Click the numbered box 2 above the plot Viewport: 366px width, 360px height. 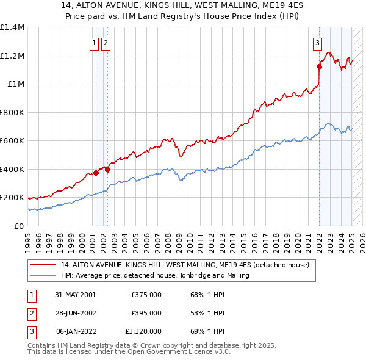point(106,43)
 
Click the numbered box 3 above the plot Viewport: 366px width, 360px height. point(318,43)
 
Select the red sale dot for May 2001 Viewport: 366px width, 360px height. point(96,173)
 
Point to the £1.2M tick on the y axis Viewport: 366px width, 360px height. point(12,56)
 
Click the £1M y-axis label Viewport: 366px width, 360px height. point(16,84)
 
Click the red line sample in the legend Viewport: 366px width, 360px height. point(45,265)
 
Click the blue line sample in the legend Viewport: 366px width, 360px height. point(45,275)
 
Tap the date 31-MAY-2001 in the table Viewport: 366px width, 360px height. point(76,295)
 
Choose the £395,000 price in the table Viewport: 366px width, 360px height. point(146,313)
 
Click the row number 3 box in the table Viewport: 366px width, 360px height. point(31,331)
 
